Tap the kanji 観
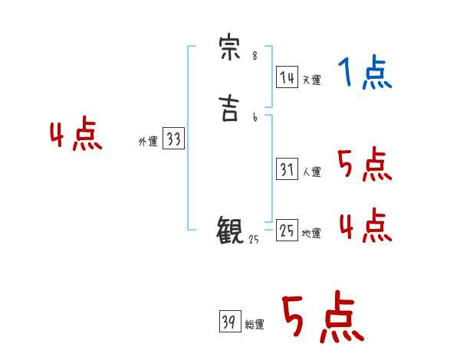(x=231, y=230)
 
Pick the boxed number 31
(x=287, y=169)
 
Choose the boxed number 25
(x=287, y=231)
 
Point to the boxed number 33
(x=173, y=139)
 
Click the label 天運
(x=312, y=79)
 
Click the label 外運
(x=148, y=142)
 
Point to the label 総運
(x=255, y=325)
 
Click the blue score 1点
(x=364, y=74)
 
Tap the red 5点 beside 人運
(x=364, y=163)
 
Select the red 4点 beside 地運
(x=364, y=224)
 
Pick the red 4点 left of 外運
(x=76, y=136)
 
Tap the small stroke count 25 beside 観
(x=254, y=239)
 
